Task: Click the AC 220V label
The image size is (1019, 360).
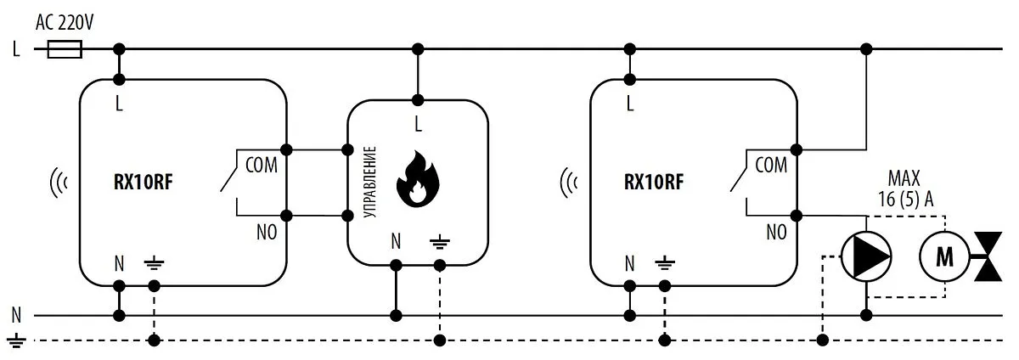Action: tap(64, 20)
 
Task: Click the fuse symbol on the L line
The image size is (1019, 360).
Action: tap(65, 50)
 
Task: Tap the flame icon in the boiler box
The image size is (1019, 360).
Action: tap(416, 179)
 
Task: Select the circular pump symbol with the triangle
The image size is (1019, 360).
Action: tap(866, 256)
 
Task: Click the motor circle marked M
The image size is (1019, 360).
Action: tap(944, 256)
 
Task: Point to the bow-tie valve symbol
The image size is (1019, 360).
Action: tap(990, 256)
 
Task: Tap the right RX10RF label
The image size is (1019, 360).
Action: tap(652, 182)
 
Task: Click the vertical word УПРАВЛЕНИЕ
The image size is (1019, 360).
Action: tap(369, 183)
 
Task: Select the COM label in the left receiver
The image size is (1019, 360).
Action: tap(261, 166)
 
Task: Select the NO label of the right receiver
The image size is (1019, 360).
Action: tap(775, 231)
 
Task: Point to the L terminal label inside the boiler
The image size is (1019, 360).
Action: tap(417, 124)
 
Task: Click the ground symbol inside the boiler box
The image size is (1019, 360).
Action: tap(439, 242)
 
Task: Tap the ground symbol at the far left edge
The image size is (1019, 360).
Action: tap(16, 342)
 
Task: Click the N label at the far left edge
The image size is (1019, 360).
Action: tap(15, 316)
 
